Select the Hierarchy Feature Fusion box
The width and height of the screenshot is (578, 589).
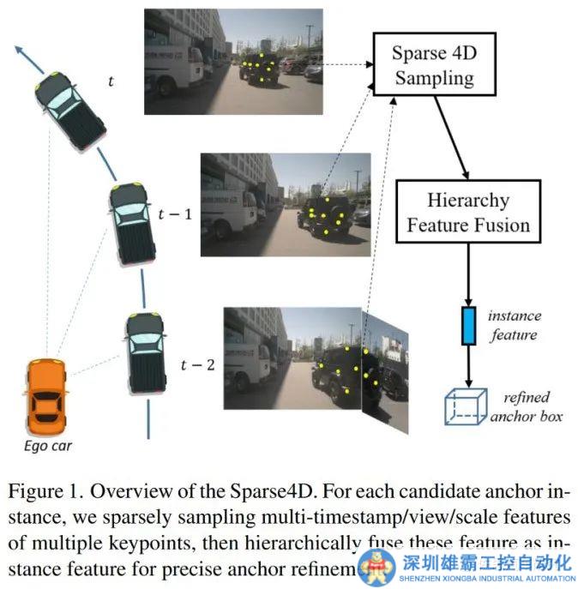(468, 213)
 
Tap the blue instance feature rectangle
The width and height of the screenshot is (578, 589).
(468, 326)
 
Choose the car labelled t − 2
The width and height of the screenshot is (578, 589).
(144, 352)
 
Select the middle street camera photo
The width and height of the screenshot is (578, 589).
(285, 204)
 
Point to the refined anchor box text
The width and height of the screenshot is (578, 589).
(524, 406)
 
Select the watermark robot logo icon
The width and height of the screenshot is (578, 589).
(377, 563)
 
